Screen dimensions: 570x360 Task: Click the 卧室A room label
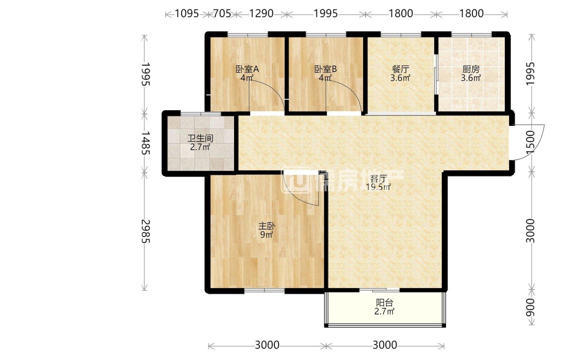tap(247, 69)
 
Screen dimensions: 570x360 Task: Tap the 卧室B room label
tap(326, 69)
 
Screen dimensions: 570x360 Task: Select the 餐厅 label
tap(400, 69)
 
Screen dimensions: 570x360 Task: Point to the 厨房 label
tap(471, 69)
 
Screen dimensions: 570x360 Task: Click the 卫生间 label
tap(200, 139)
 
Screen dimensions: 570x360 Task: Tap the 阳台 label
tap(384, 303)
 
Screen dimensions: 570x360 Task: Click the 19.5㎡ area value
tap(378, 187)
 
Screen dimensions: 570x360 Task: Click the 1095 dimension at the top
tap(187, 14)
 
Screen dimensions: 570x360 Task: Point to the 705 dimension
tap(222, 14)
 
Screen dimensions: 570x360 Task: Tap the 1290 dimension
tap(261, 14)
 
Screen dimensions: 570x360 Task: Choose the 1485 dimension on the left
tap(145, 143)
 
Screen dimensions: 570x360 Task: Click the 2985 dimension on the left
tap(145, 231)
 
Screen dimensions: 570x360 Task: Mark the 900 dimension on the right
tap(530, 308)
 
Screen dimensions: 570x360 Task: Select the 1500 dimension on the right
tap(530, 142)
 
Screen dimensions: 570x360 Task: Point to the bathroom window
tap(201, 114)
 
